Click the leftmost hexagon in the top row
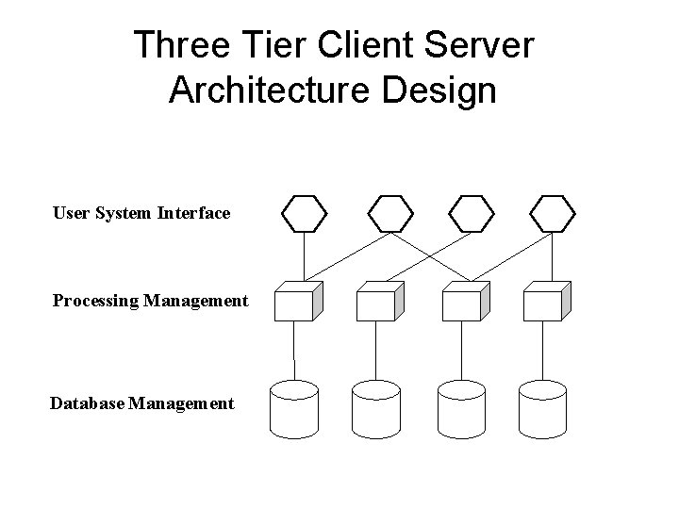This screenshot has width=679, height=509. click(305, 214)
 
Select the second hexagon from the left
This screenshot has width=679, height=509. click(389, 214)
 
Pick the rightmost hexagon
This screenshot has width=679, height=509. click(553, 214)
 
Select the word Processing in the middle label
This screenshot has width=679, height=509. click(95, 302)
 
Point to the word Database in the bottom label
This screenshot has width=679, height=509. click(87, 404)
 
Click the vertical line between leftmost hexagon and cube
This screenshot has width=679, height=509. click(305, 256)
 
